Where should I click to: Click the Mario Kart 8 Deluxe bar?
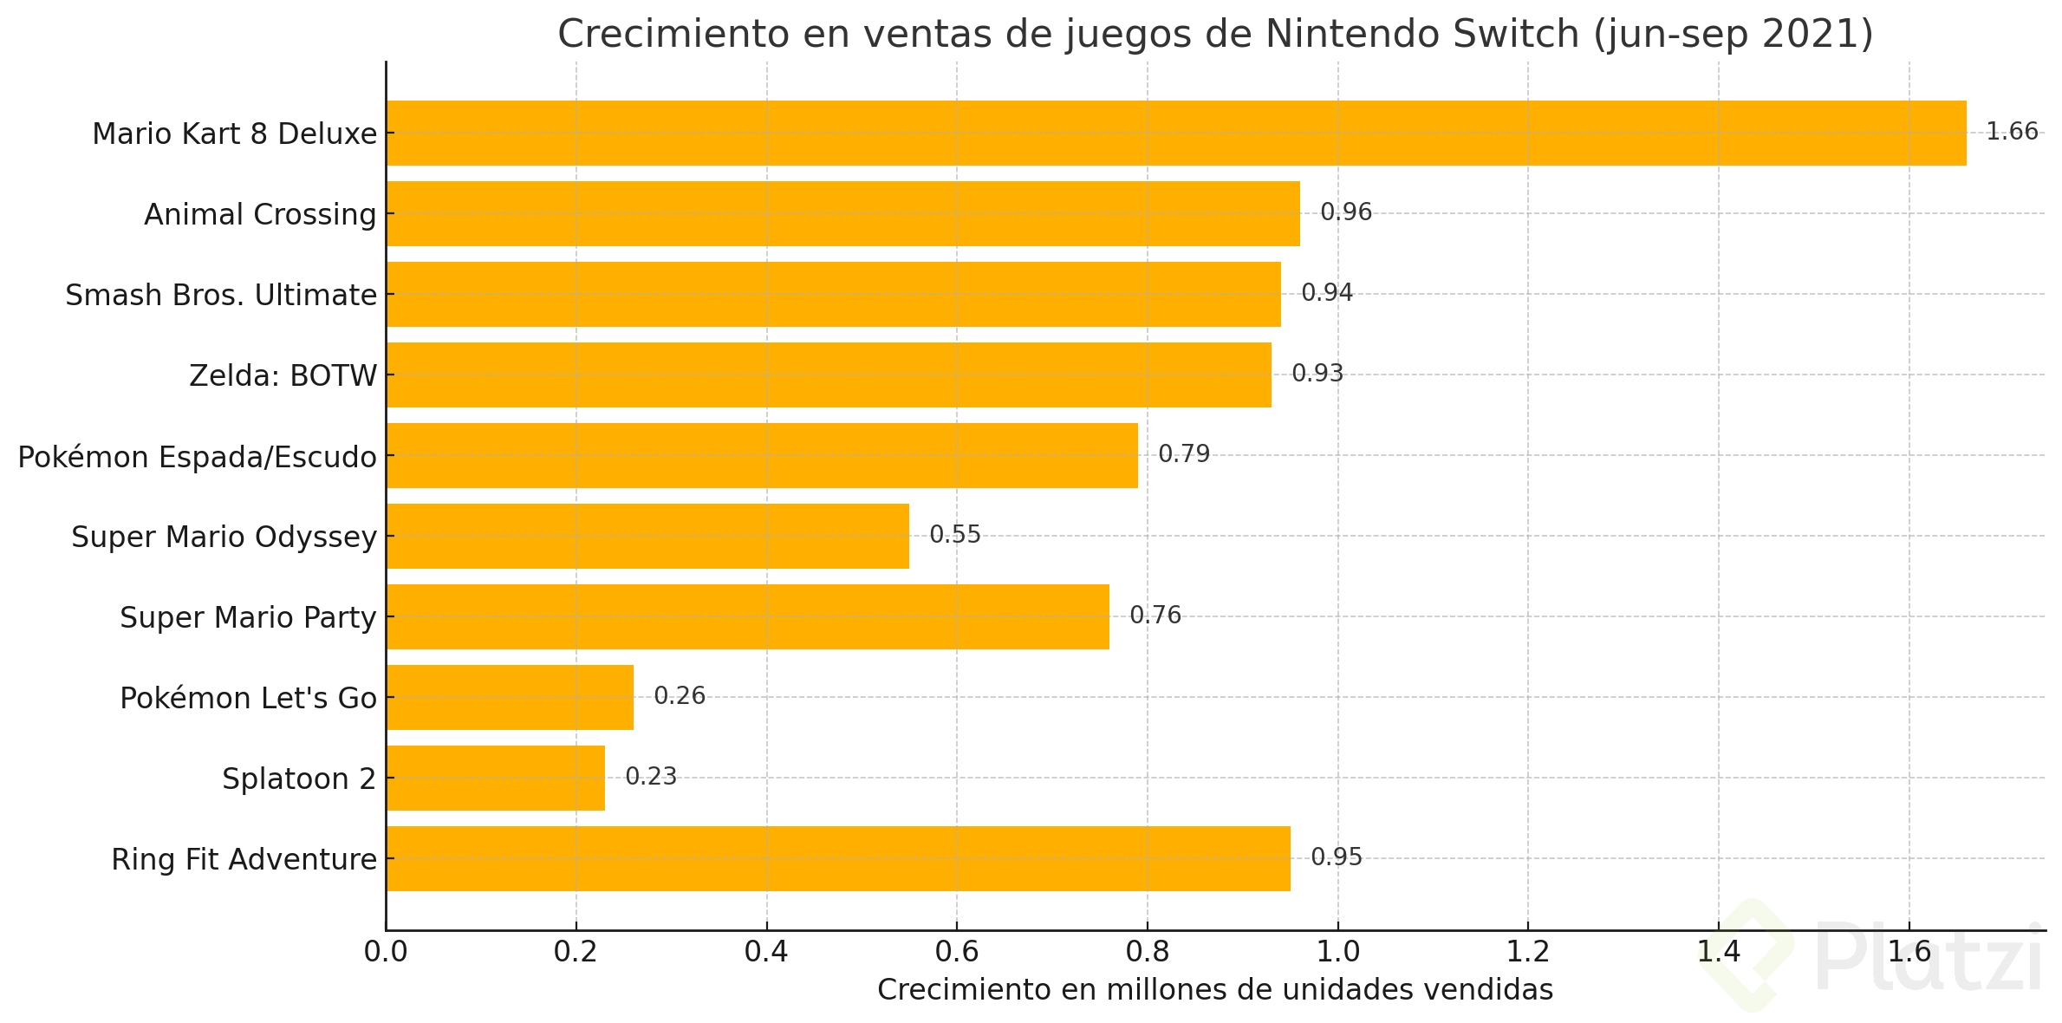(1175, 133)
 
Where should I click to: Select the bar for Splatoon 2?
(496, 778)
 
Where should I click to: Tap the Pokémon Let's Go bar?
(510, 697)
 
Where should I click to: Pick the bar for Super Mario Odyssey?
(647, 536)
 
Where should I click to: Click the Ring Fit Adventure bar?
(838, 858)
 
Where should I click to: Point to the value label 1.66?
(2012, 132)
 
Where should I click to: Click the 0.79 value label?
(1184, 454)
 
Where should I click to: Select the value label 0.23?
(651, 777)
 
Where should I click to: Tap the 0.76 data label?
(1155, 616)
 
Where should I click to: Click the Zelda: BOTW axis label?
(283, 376)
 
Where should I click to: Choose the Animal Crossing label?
(260, 215)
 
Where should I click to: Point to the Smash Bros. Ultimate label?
(221, 296)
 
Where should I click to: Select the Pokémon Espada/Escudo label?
(197, 457)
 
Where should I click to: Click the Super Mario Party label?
(248, 618)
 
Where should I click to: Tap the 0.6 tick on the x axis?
(957, 952)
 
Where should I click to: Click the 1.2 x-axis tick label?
(1528, 952)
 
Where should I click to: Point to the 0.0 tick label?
(386, 952)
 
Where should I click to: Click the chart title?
(1215, 35)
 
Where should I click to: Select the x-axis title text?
(1215, 990)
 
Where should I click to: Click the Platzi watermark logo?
(1872, 957)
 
